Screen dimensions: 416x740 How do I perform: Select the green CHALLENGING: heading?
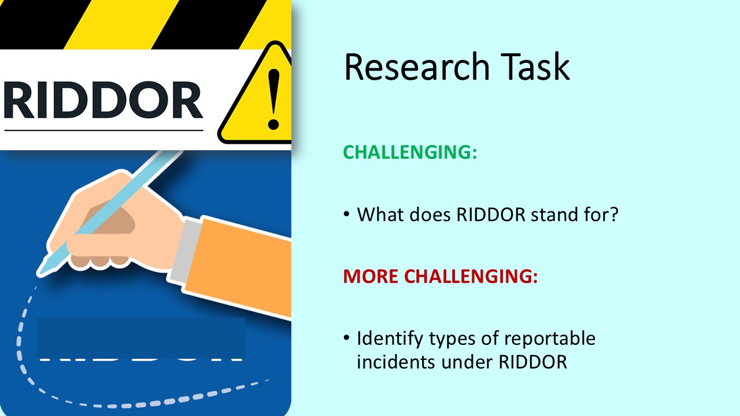410,152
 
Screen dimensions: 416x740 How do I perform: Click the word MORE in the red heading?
371,276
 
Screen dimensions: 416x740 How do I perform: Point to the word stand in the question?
556,215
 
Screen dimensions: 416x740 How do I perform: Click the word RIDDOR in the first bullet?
491,215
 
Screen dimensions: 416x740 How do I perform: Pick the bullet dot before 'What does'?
346,215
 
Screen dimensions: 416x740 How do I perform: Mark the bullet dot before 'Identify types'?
346,338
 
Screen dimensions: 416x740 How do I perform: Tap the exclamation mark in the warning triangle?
273,98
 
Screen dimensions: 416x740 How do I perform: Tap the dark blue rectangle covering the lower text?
140,337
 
